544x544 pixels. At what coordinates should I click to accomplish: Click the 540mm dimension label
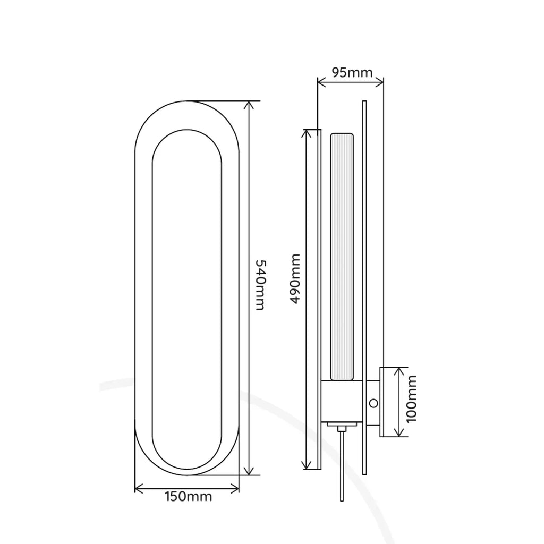coord(260,285)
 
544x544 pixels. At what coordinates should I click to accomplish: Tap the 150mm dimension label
coord(189,497)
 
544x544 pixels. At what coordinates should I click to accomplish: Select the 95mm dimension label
coord(352,72)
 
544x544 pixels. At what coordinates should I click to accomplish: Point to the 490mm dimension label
coord(294,279)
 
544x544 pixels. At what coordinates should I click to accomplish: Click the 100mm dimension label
coord(411,399)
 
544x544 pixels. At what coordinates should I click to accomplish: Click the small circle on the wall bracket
coord(373,403)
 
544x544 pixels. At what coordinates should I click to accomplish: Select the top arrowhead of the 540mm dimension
coord(249,105)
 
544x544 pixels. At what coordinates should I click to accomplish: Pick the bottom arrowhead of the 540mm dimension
coord(249,471)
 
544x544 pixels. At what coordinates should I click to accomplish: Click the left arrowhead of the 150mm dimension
coord(139,489)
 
